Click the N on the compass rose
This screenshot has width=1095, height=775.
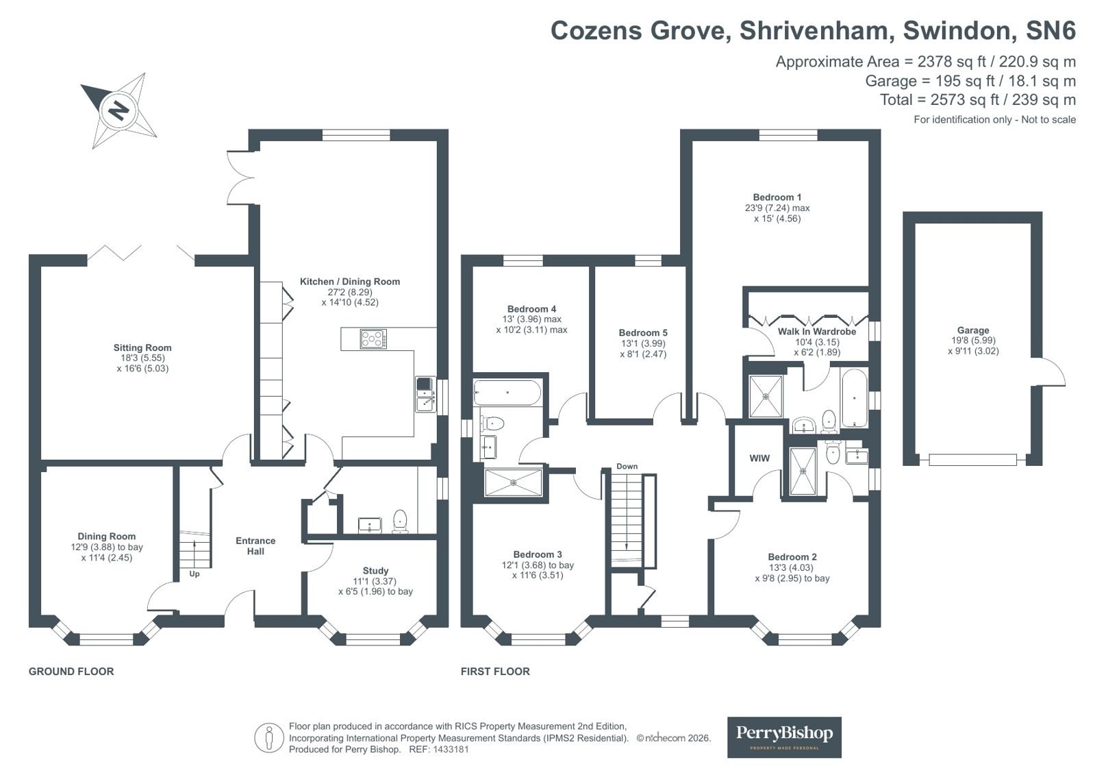point(118,110)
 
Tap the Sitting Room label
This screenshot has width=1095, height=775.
point(142,347)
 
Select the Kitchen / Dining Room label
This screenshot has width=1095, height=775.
point(349,282)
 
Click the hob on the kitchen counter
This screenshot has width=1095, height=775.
point(373,339)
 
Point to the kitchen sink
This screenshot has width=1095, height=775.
point(425,394)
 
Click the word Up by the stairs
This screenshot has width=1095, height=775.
point(194,574)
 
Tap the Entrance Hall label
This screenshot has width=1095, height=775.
point(255,546)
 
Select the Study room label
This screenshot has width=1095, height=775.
point(375,571)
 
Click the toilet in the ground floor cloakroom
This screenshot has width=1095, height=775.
point(401,521)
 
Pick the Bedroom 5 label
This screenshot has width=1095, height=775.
point(643,333)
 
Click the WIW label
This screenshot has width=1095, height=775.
point(759,458)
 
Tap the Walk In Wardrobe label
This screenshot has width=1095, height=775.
point(817,331)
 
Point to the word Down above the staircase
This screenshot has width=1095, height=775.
point(627,466)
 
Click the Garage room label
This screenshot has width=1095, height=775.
point(973,330)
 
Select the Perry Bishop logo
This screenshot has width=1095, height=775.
point(784,737)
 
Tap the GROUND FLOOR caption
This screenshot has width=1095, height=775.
point(71,672)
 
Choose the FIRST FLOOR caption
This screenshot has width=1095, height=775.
point(495,672)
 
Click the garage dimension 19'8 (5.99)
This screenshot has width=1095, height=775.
point(973,341)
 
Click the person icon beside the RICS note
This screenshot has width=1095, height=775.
point(268,738)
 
